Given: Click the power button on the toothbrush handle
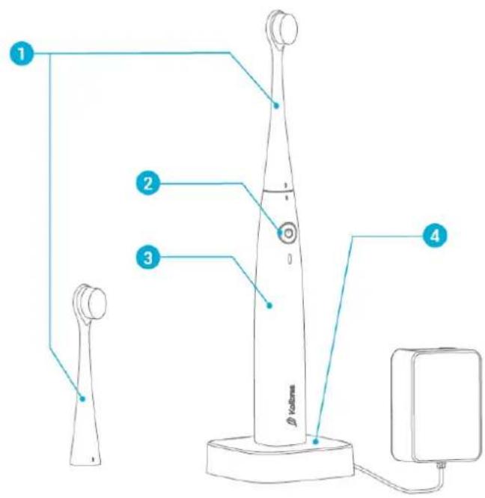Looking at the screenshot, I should tap(287, 233).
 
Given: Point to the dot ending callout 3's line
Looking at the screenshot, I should tap(270, 304).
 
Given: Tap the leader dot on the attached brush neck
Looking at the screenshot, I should tap(276, 106).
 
